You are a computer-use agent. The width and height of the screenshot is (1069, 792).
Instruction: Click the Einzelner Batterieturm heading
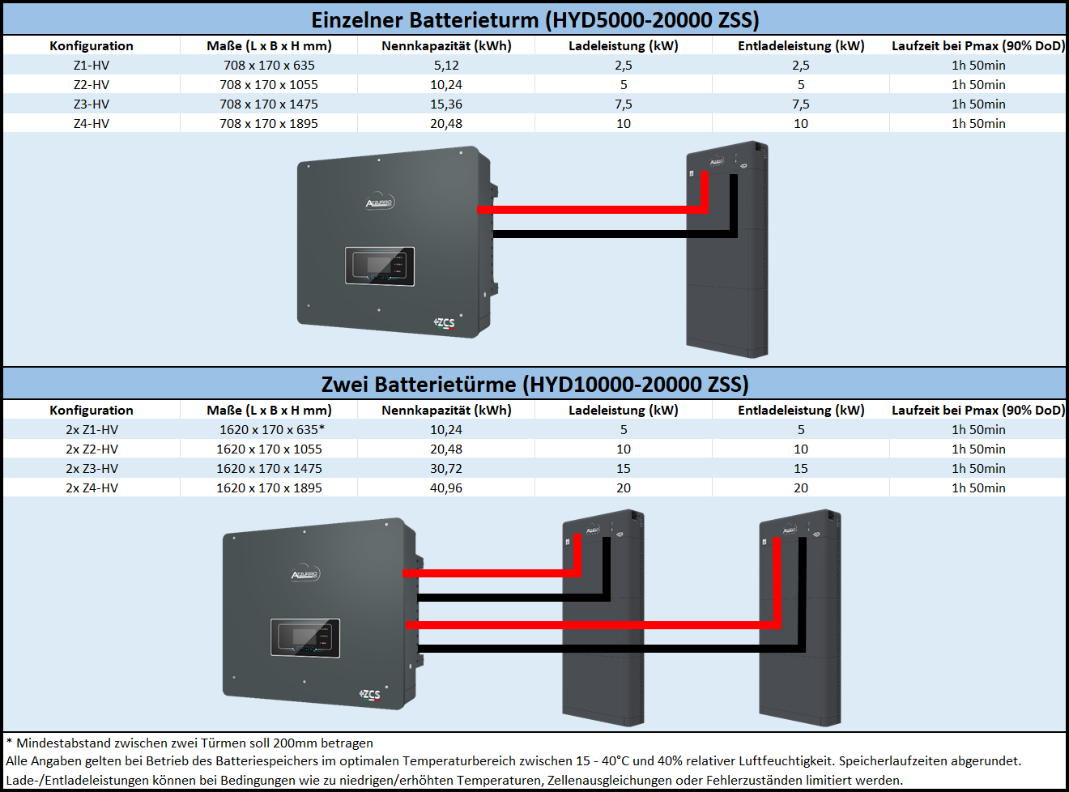click(535, 20)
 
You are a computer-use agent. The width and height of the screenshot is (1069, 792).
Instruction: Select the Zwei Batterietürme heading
click(535, 384)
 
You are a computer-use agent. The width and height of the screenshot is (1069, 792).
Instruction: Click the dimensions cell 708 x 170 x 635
click(269, 65)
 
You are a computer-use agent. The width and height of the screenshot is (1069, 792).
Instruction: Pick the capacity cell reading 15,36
click(446, 104)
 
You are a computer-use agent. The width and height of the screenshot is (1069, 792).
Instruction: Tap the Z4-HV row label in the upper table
click(92, 123)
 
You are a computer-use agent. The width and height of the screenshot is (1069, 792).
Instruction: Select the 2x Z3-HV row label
click(92, 469)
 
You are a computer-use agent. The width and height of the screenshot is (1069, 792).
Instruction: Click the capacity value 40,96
click(446, 488)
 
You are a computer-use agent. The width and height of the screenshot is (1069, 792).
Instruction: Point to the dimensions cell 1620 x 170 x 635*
click(272, 429)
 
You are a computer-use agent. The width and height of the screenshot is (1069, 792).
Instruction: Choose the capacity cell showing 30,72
click(446, 469)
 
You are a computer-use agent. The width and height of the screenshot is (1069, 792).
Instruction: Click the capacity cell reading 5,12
click(446, 65)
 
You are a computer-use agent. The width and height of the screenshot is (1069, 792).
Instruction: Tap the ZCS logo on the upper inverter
click(444, 323)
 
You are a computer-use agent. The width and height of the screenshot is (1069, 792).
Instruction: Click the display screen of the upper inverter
click(380, 266)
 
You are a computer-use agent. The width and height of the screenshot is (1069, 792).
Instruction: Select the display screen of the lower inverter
click(305, 638)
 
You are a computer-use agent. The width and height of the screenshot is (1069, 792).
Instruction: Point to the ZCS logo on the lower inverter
click(369, 695)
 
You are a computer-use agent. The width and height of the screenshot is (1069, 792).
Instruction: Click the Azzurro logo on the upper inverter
click(380, 202)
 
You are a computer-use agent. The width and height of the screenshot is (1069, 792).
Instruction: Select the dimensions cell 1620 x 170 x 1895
click(269, 488)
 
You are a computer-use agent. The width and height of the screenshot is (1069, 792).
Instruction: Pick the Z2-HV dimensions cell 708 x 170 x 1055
click(269, 85)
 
